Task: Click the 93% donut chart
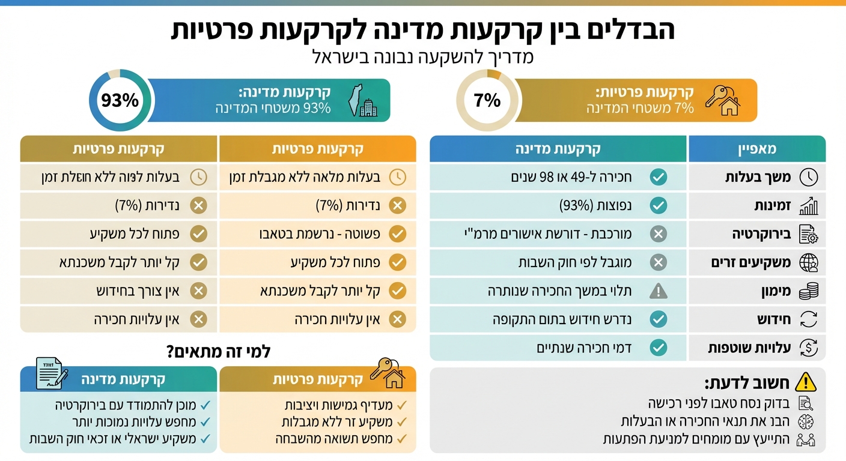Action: (x=119, y=100)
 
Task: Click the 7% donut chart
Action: (x=487, y=100)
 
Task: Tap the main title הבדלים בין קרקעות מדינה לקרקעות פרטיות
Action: (x=422, y=30)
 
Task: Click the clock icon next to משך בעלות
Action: (x=809, y=177)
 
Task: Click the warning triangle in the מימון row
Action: (x=659, y=291)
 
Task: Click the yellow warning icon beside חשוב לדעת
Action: (x=805, y=382)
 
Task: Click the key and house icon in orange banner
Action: (x=723, y=100)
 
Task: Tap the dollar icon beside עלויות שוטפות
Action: (x=809, y=348)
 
